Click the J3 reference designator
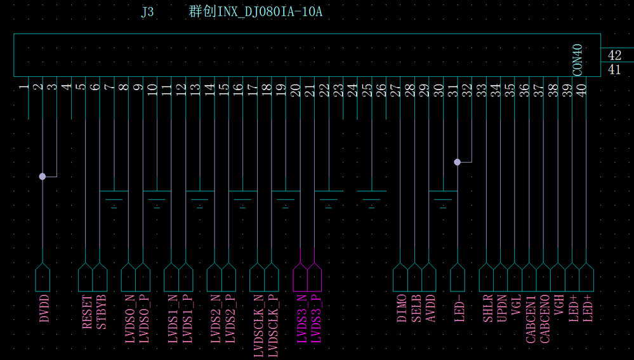tap(148, 11)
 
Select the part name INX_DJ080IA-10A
tap(270, 11)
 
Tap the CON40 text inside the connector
tap(578, 60)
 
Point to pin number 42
tap(614, 55)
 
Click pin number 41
tap(614, 70)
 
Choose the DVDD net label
tap(44, 309)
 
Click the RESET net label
tap(88, 312)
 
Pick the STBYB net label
tap(102, 312)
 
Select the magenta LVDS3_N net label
tap(301, 319)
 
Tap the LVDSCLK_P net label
tap(274, 326)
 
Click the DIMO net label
tap(402, 308)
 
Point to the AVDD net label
tap(431, 308)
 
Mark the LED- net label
tap(459, 308)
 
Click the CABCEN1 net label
tap(531, 319)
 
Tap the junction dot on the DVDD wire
tap(43, 177)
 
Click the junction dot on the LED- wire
tap(458, 162)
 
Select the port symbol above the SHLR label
tap(486, 277)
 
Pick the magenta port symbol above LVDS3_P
tap(315, 277)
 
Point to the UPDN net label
tap(502, 308)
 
